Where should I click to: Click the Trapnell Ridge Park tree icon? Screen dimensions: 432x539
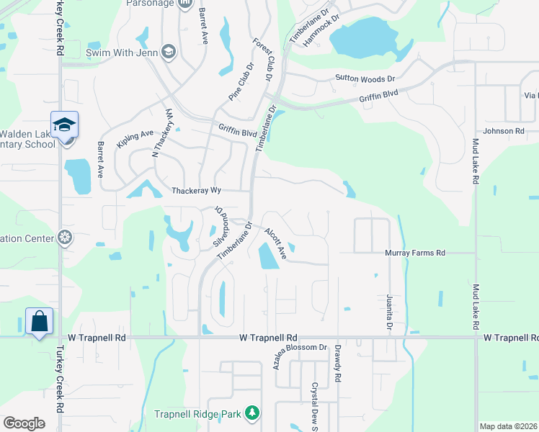251,413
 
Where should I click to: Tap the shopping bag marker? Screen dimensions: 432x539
38,321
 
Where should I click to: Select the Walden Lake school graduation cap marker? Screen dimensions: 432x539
64,125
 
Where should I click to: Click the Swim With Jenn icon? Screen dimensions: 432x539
168,52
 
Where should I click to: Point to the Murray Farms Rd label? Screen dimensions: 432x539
415,253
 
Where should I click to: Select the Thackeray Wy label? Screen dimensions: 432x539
195,191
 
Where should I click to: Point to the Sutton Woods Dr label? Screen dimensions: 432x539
365,78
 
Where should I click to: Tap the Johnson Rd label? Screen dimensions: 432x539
503,131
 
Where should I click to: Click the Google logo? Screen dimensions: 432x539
24,423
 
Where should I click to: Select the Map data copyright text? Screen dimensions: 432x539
508,426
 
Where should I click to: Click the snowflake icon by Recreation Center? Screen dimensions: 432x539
64,238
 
